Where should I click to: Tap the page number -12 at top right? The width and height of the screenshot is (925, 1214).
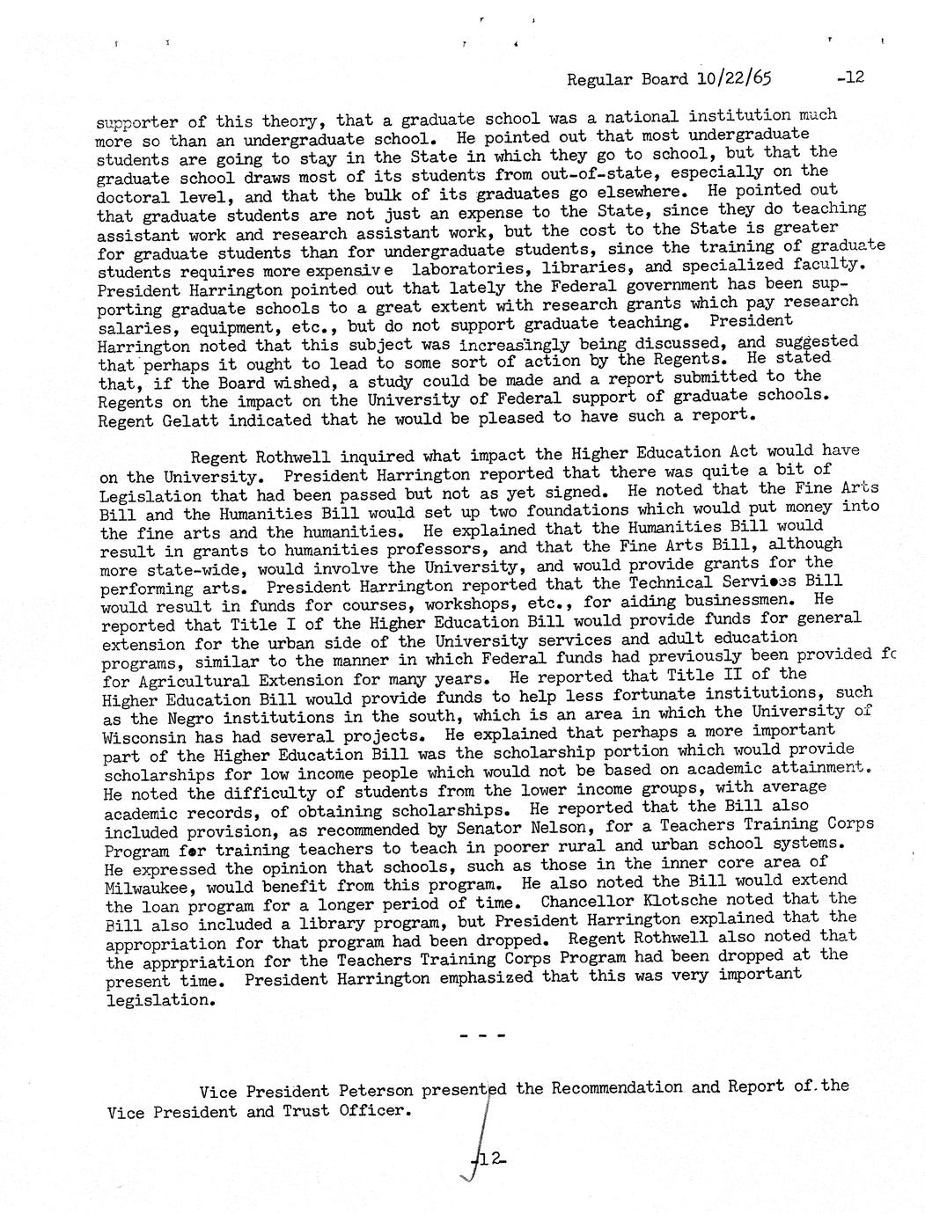[851, 77]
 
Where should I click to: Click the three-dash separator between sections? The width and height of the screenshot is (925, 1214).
[482, 1036]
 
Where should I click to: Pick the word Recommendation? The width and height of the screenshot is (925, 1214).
[617, 1087]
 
